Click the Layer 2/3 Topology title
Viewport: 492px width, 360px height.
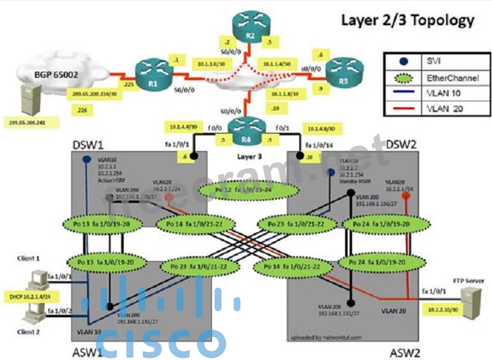click(x=408, y=20)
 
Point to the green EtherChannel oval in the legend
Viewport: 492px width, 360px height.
click(x=404, y=78)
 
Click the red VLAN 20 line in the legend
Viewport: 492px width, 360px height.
click(x=404, y=109)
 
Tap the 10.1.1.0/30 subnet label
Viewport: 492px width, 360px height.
click(x=211, y=64)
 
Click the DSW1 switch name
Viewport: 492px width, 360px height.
click(x=87, y=144)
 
